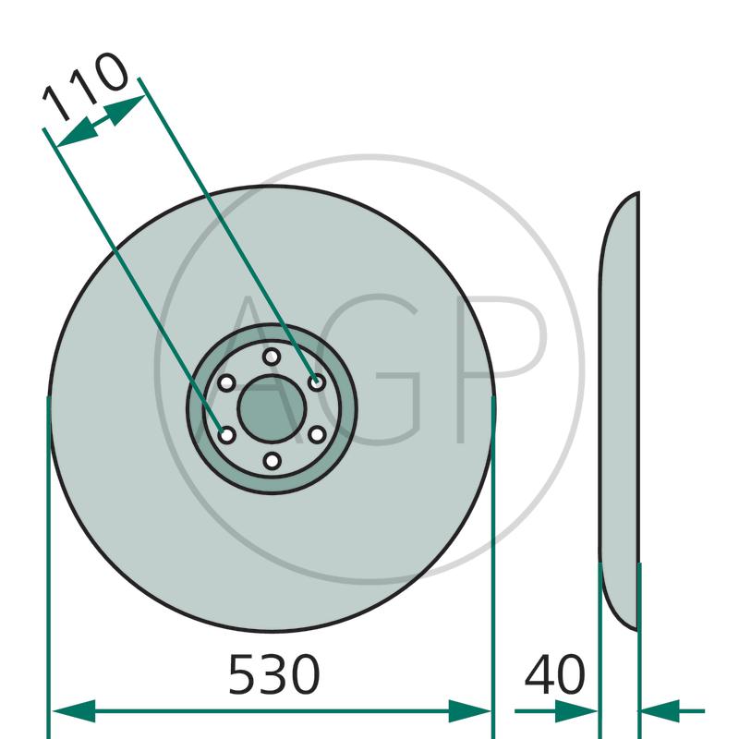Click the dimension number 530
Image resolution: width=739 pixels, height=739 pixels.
(273, 674)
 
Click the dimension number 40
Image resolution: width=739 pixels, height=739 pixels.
(555, 674)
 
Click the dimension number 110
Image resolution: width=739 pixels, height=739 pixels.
(85, 87)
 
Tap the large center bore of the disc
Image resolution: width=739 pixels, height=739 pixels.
(272, 409)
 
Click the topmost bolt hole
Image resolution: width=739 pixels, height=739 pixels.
(272, 357)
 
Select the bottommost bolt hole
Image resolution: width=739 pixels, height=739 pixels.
(272, 461)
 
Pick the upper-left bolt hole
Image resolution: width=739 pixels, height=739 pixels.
(226, 382)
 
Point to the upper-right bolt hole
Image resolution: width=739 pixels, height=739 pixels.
(317, 382)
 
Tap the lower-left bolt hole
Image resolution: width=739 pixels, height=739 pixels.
(227, 435)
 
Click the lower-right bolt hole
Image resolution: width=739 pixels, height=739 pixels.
(317, 434)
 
